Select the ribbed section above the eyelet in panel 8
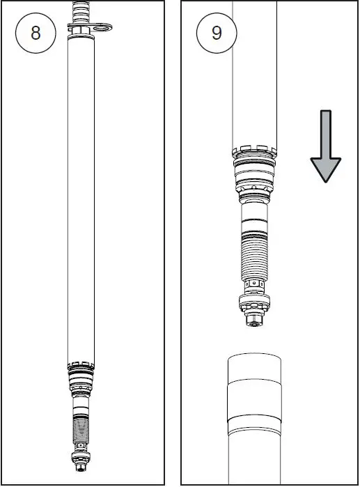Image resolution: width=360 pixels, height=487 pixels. click(82, 10)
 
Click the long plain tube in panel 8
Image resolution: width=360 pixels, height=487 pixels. click(83, 195)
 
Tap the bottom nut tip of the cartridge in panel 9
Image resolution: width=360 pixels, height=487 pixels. click(255, 321)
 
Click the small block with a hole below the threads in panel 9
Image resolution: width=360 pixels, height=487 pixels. click(255, 286)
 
